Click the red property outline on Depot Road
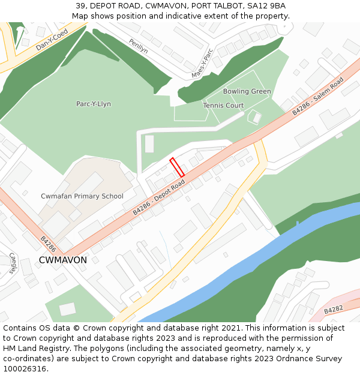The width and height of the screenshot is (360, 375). pyautogui.click(x=176, y=167)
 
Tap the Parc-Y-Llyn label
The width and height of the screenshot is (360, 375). pyautogui.click(x=93, y=104)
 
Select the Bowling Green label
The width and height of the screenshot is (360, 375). pyautogui.click(x=247, y=91)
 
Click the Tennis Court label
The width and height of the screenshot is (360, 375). pyautogui.click(x=223, y=106)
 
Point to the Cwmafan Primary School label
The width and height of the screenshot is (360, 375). pyautogui.click(x=82, y=196)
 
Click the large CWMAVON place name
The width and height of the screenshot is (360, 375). pyautogui.click(x=62, y=260)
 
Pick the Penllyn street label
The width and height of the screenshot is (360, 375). pyautogui.click(x=139, y=46)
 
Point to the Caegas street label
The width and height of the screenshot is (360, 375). pyautogui.click(x=13, y=263)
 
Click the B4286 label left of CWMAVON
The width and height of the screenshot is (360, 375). pyautogui.click(x=48, y=242)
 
